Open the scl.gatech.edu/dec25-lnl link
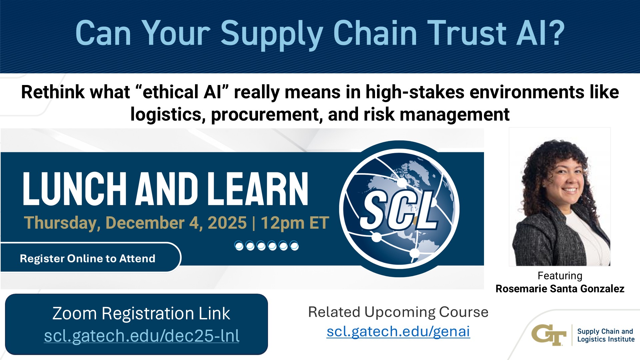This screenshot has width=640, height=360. click(142, 336)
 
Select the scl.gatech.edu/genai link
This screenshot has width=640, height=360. click(398, 331)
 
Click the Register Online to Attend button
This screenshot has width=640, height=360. click(88, 258)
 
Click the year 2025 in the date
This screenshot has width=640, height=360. click(227, 223)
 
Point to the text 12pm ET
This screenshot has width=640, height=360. click(295, 223)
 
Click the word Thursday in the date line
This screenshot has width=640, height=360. click(62, 223)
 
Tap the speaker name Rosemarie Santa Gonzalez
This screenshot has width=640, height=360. click(560, 289)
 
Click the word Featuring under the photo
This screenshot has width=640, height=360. click(560, 276)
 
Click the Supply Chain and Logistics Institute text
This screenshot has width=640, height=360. click(605, 335)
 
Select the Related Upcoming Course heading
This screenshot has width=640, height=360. click(398, 312)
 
